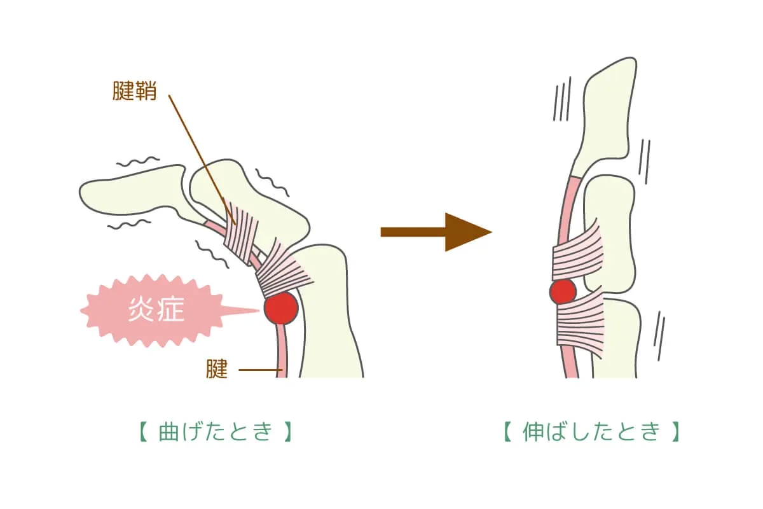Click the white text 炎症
click(156, 310)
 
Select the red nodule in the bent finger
click(280, 307)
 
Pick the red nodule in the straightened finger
click(563, 291)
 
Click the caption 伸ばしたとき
click(591, 433)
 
